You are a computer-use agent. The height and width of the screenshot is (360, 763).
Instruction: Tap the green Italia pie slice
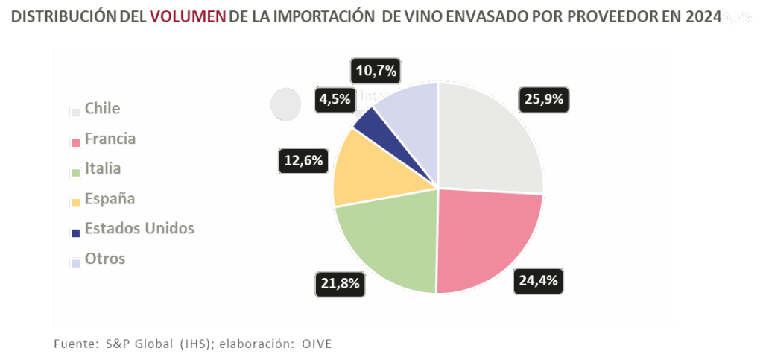click(x=391, y=242)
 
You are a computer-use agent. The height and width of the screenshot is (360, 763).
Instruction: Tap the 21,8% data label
click(x=340, y=283)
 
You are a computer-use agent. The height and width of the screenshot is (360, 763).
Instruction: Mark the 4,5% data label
click(x=334, y=99)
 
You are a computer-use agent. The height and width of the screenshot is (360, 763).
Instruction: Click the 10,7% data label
click(x=376, y=72)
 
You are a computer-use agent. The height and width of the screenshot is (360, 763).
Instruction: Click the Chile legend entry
click(x=102, y=109)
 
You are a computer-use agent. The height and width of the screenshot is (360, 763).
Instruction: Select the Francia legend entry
click(x=110, y=139)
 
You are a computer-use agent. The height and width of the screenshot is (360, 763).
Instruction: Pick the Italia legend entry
click(x=102, y=168)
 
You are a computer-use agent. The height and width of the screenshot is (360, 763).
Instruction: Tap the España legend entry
click(x=110, y=198)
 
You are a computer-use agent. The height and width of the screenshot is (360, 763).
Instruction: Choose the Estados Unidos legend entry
click(x=139, y=228)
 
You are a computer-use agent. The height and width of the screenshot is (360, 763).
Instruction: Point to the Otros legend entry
click(x=104, y=259)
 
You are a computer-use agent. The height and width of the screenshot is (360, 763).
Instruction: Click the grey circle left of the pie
click(x=285, y=104)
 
